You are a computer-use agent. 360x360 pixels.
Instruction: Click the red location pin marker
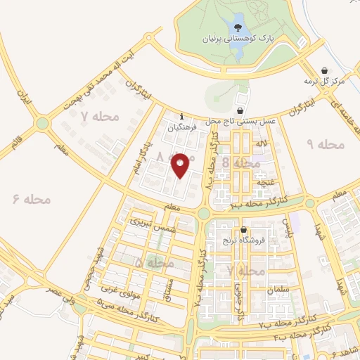click(181, 165)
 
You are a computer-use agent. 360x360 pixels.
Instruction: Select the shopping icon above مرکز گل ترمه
click(324, 70)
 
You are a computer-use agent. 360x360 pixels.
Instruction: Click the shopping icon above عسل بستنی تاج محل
click(241, 110)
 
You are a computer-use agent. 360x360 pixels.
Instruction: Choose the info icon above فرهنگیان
click(182, 117)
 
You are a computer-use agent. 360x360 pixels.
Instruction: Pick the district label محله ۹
click(326, 145)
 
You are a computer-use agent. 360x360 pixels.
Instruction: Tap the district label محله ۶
click(32, 200)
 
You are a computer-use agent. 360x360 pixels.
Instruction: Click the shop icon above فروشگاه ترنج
click(243, 229)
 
